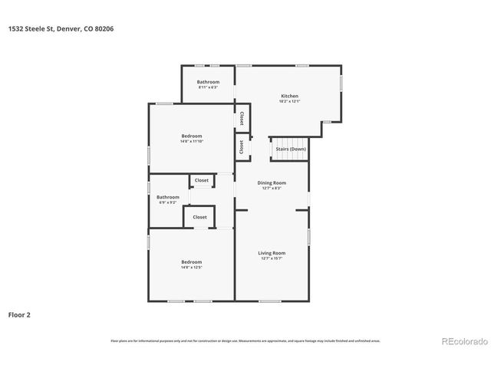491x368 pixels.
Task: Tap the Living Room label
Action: tap(272, 253)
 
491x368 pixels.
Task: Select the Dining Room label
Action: tap(272, 182)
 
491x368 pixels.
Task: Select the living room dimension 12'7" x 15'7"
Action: tap(272, 258)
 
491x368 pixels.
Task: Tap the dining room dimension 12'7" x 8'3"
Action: tap(272, 188)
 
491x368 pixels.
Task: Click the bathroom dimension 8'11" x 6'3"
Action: tap(208, 87)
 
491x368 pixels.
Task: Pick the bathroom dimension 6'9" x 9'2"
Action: tap(169, 202)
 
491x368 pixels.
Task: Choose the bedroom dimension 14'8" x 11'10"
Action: tap(192, 141)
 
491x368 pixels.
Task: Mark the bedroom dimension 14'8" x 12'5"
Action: tap(192, 267)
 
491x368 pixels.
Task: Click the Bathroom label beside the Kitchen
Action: tap(208, 82)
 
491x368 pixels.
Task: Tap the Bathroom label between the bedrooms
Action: tap(169, 197)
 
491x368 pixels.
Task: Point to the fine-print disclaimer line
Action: tap(245, 340)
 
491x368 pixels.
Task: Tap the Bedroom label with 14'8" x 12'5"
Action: tap(192, 261)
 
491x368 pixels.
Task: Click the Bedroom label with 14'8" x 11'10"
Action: tap(192, 136)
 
